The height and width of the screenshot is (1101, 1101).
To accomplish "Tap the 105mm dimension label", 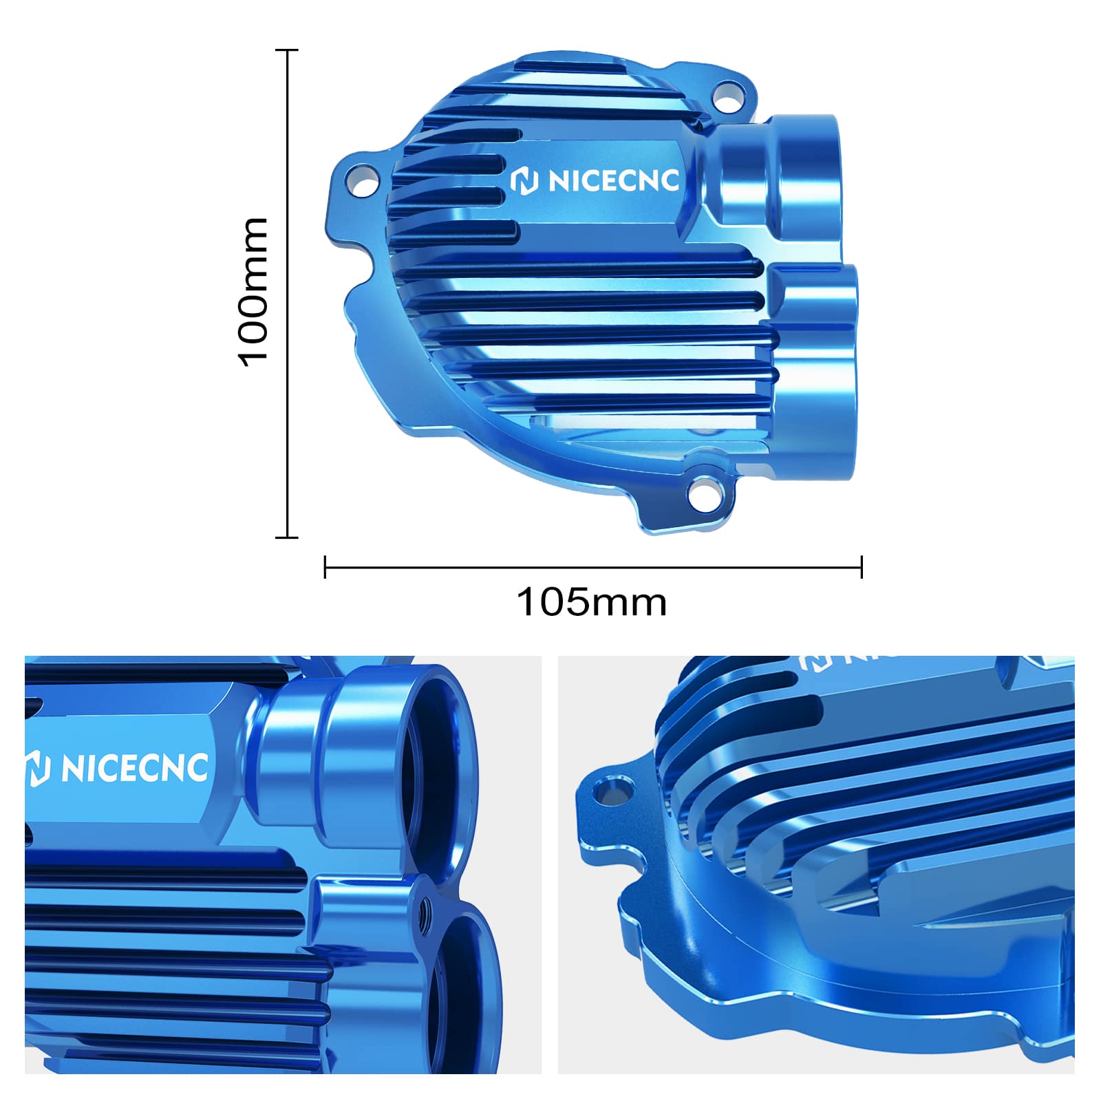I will coord(591,602).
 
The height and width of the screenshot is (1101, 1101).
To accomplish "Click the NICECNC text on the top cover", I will coord(613,181).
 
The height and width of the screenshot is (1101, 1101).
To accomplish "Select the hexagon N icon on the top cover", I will coord(524,182).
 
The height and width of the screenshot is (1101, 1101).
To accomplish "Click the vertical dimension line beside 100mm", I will coord(287,292).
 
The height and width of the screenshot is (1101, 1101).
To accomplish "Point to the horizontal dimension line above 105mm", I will coord(592,568).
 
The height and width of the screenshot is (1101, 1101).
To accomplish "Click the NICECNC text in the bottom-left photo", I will coord(134,769).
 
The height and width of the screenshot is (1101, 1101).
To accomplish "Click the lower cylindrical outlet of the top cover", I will coord(819,372).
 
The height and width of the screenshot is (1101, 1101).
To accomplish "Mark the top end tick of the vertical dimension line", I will coord(287,50).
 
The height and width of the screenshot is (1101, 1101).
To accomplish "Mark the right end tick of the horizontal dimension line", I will coord(862,568).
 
